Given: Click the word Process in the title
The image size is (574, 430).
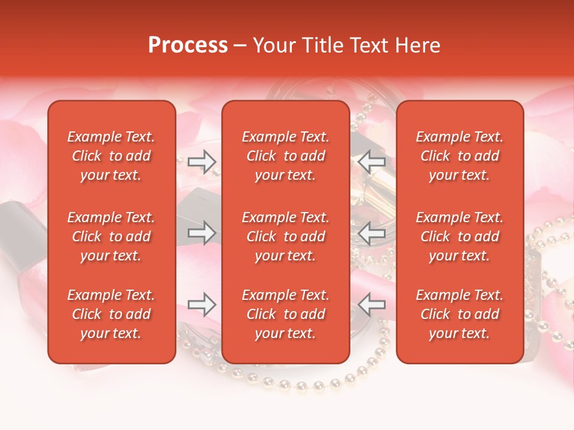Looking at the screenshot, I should pos(188,45).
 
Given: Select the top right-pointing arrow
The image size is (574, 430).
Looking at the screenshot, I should pos(201,161).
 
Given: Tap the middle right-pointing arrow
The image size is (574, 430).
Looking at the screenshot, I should pos(201,233).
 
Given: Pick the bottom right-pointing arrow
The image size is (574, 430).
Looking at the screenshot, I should pos(201,305).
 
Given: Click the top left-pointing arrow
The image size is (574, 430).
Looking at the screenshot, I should pos(372,161).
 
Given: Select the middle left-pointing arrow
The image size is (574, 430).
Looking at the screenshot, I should pos(372,233).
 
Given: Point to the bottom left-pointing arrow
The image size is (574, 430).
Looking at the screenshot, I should pos(372,305).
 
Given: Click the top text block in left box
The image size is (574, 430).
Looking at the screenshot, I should pos(111,156).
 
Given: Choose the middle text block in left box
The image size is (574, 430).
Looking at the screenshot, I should pos(111,236).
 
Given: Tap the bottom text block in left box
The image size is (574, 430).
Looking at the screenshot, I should pos(111,314).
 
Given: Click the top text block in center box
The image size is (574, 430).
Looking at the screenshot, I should pos(286,156).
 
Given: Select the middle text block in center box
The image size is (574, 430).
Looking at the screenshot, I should pos(286,236).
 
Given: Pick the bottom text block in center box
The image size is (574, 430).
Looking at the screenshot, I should pos(286,314).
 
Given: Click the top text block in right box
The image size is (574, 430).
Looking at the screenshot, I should pos(460,156).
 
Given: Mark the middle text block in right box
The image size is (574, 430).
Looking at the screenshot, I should pos(460,236).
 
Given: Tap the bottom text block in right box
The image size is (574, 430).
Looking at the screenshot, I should pos(460,314).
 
